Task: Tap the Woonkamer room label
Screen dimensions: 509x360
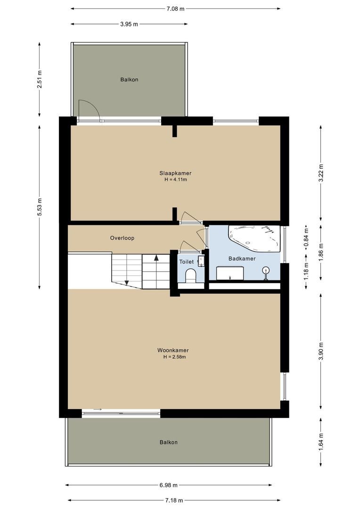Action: click(x=173, y=350)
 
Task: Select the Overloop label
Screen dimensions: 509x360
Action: click(x=122, y=238)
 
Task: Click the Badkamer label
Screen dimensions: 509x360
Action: click(x=242, y=258)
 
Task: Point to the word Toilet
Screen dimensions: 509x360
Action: click(x=187, y=262)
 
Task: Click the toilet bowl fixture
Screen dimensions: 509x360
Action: click(x=191, y=275)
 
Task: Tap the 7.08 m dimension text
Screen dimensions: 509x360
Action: click(x=175, y=8)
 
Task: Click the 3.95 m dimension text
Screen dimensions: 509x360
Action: click(x=129, y=24)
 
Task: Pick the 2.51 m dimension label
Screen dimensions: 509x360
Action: click(x=40, y=79)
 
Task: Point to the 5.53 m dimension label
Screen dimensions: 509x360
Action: click(x=40, y=206)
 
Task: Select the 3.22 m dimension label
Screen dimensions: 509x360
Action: click(x=321, y=173)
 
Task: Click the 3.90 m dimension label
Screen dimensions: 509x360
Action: click(x=321, y=351)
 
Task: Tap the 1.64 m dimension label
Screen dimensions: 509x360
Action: click(x=321, y=442)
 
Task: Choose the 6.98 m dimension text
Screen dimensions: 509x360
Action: click(x=168, y=485)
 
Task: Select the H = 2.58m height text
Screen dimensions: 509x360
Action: click(x=174, y=357)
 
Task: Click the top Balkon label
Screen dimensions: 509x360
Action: click(x=129, y=80)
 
